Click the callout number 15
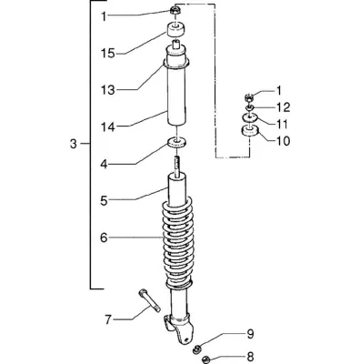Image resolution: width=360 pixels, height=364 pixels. (108, 54)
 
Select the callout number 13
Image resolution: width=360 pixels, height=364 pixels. (108, 90)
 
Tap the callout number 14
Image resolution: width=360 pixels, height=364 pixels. (108, 126)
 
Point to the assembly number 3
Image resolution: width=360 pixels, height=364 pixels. (74, 144)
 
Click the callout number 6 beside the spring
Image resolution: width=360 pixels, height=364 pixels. (104, 238)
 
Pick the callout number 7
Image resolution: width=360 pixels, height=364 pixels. (108, 319)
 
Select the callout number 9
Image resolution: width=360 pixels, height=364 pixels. (250, 334)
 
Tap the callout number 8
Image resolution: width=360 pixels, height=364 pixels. (250, 358)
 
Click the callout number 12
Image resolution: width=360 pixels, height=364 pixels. (283, 107)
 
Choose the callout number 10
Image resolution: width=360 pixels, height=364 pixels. (283, 141)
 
